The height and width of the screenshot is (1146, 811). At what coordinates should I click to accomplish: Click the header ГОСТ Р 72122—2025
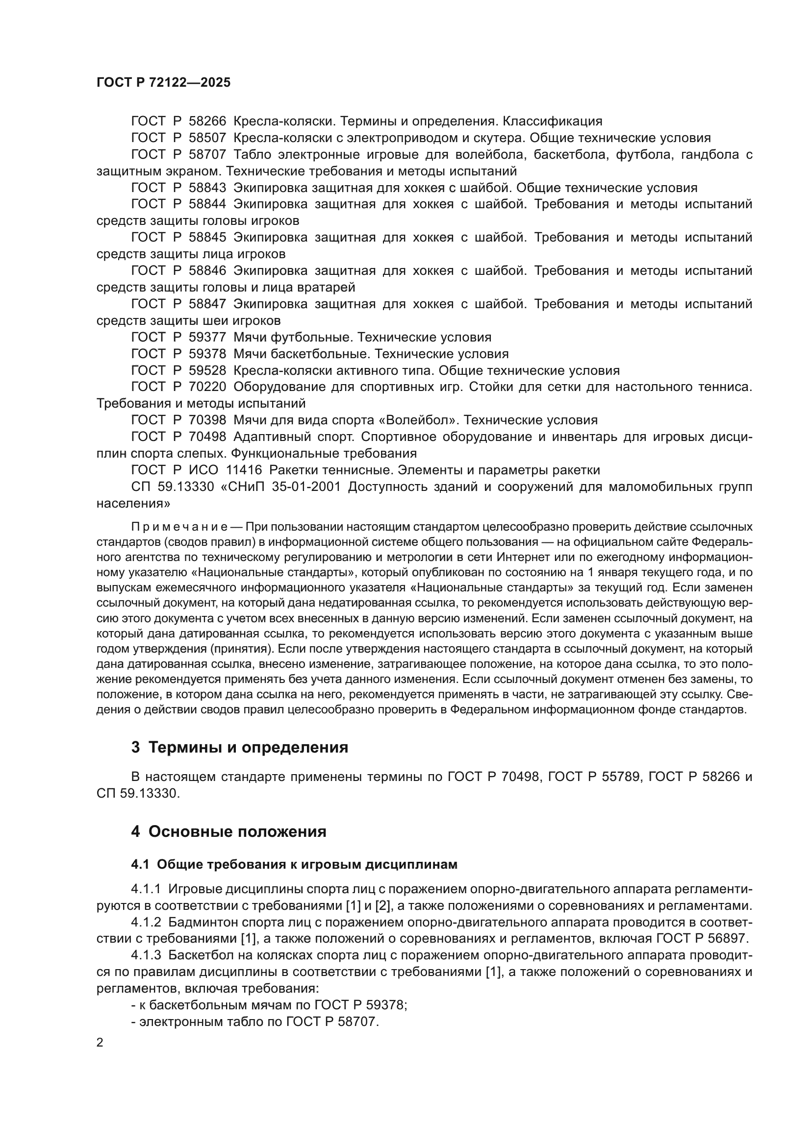pos(163,82)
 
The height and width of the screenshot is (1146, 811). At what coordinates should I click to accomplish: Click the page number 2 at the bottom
pos(100,1042)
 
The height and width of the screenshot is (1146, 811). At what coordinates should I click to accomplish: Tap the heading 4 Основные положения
pos(228,831)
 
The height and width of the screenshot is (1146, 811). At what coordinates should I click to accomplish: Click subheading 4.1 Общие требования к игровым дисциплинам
pos(294,864)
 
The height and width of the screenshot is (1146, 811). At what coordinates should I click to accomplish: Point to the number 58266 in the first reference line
pos(207,121)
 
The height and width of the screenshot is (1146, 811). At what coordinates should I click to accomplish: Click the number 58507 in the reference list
pos(207,138)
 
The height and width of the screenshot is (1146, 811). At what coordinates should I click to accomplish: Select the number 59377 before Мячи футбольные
pos(207,337)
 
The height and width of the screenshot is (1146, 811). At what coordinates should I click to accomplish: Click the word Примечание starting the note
pos(179,527)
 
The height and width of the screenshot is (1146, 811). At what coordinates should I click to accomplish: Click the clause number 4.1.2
pos(146,922)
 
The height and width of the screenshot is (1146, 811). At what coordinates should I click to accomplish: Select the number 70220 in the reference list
pos(207,387)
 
